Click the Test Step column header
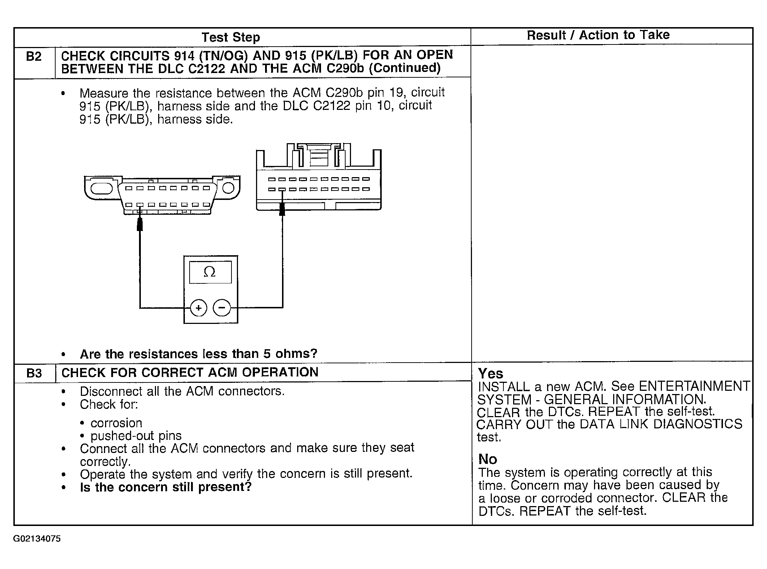(230, 37)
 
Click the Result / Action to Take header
(598, 35)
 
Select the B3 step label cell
(34, 373)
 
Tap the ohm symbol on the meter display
(210, 272)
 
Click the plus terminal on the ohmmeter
(198, 308)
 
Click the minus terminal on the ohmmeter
(222, 308)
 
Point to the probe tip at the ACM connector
(282, 210)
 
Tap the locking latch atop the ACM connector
(318, 156)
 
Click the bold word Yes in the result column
(490, 373)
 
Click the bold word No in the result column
(487, 459)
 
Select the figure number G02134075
(37, 539)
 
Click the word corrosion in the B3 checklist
(116, 423)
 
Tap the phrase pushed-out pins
(136, 436)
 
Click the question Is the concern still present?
(165, 487)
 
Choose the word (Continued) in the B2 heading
(404, 68)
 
